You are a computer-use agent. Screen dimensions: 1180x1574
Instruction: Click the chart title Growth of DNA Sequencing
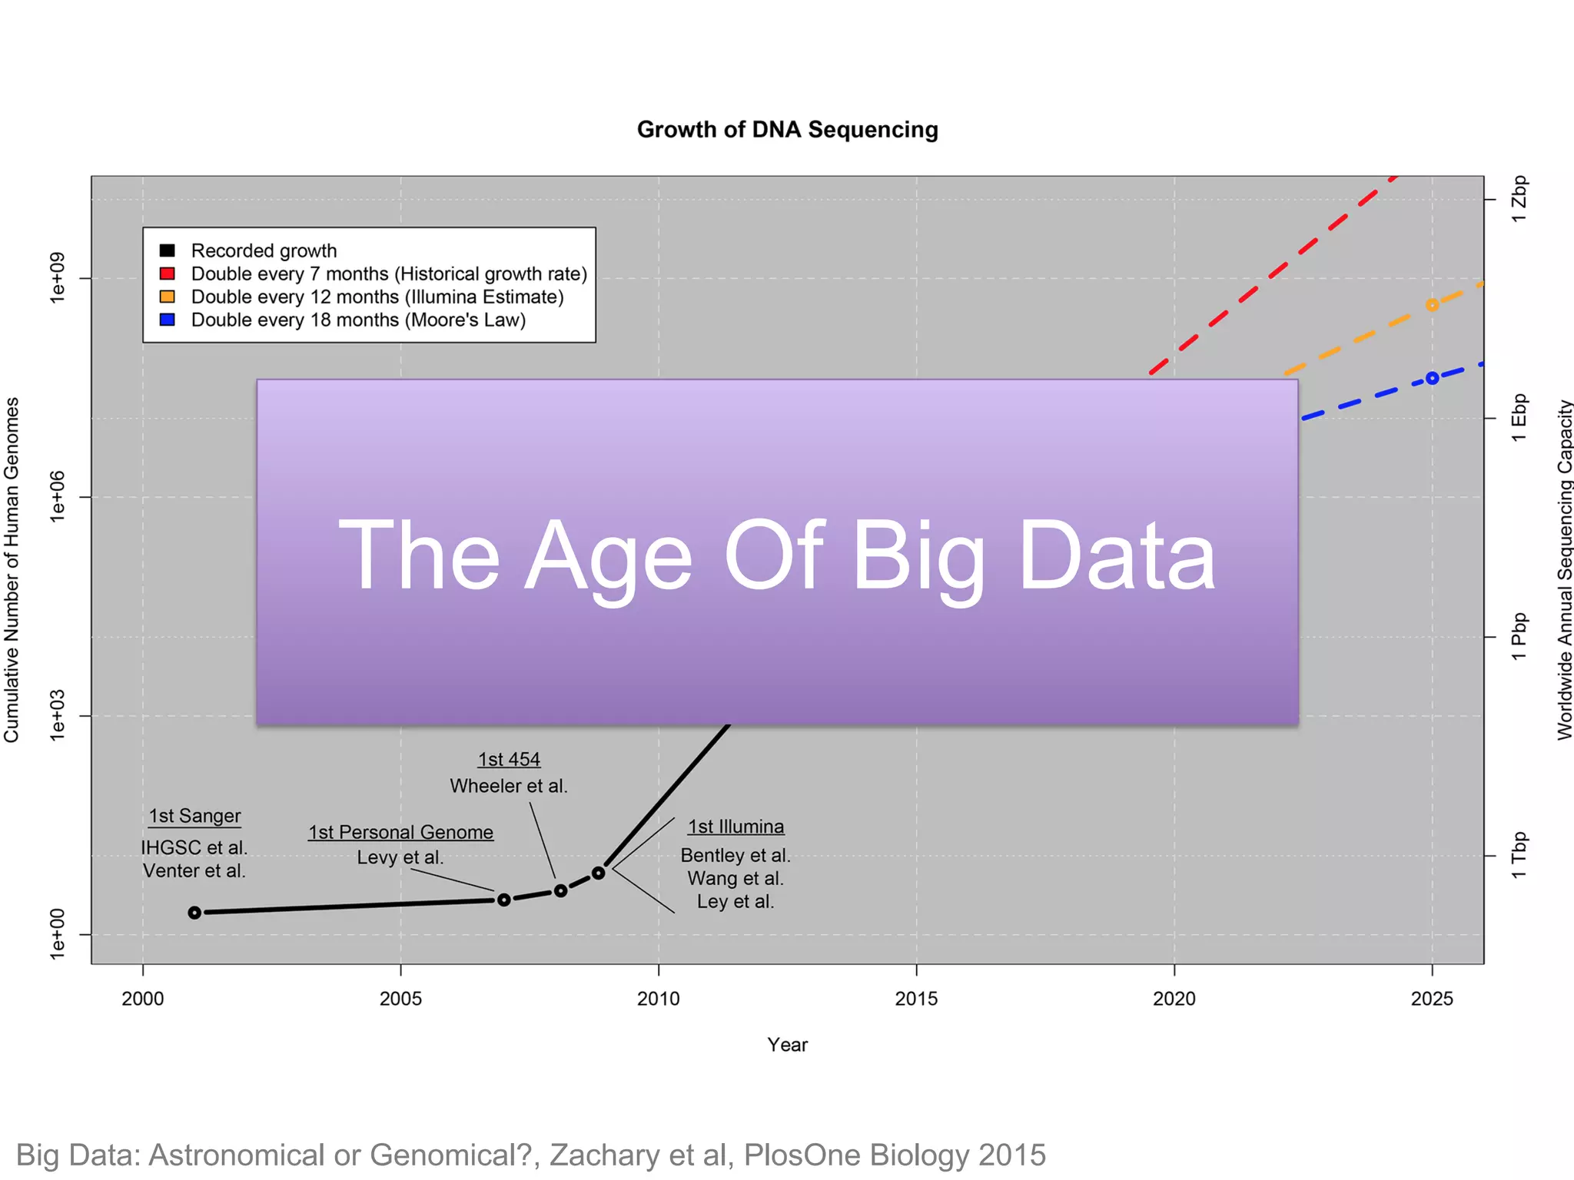pyautogui.click(x=787, y=129)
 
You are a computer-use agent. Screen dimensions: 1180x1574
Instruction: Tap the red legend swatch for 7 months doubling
pyautogui.click(x=167, y=273)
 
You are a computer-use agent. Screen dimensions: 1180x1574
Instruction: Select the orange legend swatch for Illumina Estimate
pyautogui.click(x=167, y=297)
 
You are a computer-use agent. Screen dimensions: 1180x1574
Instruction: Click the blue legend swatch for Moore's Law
pyautogui.click(x=167, y=320)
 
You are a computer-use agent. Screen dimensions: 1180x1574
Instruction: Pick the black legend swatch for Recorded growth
pyautogui.click(x=167, y=250)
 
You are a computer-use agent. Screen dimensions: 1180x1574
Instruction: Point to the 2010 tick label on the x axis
pyautogui.click(x=658, y=998)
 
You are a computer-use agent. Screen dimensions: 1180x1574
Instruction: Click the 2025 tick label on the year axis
pyautogui.click(x=1431, y=998)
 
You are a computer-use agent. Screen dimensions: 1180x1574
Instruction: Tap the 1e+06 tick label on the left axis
pyautogui.click(x=58, y=497)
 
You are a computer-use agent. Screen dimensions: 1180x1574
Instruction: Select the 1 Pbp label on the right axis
pyautogui.click(x=1519, y=637)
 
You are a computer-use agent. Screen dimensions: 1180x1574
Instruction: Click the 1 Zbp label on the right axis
pyautogui.click(x=1519, y=200)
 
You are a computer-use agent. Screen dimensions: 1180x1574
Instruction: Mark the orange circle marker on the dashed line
pyautogui.click(x=1432, y=305)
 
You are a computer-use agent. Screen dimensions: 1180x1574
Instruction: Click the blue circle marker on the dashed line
pyautogui.click(x=1432, y=378)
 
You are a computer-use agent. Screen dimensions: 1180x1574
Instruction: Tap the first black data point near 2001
pyautogui.click(x=194, y=912)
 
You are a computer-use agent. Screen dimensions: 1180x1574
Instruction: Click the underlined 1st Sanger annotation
pyautogui.click(x=194, y=816)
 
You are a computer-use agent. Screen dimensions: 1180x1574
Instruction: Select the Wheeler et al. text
pyautogui.click(x=508, y=786)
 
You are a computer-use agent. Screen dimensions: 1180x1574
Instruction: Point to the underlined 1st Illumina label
pyautogui.click(x=736, y=827)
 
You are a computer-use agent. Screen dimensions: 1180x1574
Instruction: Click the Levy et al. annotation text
pyautogui.click(x=400, y=857)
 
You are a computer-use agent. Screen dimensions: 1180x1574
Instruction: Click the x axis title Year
pyautogui.click(x=787, y=1045)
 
